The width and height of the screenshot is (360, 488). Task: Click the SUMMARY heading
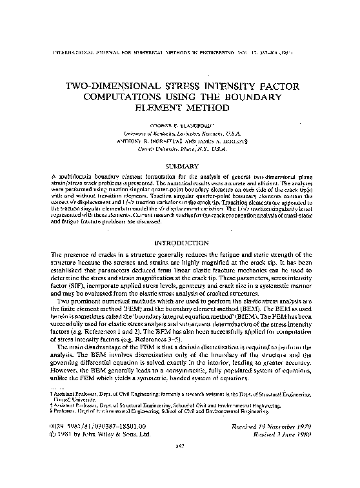180,166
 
